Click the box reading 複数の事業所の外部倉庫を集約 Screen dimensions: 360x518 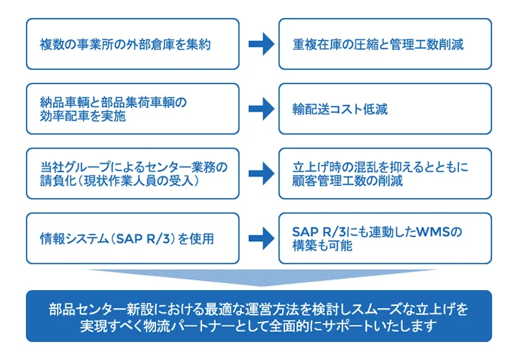point(132,44)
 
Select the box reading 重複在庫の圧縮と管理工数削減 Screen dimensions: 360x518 point(385,44)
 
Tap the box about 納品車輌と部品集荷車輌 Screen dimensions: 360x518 point(132,109)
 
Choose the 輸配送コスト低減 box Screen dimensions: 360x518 point(385,109)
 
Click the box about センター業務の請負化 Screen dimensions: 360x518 point(132,174)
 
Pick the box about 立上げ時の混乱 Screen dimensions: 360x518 point(385,174)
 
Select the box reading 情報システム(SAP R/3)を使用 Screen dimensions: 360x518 point(132,238)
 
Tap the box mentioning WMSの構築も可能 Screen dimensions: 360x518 point(385,238)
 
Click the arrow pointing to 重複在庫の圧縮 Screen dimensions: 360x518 point(260,44)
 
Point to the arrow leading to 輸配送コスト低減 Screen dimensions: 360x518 point(260,109)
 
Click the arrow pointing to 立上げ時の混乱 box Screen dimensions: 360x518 point(260,174)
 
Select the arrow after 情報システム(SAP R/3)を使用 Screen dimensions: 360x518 point(260,238)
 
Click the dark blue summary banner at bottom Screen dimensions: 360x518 point(259,316)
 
